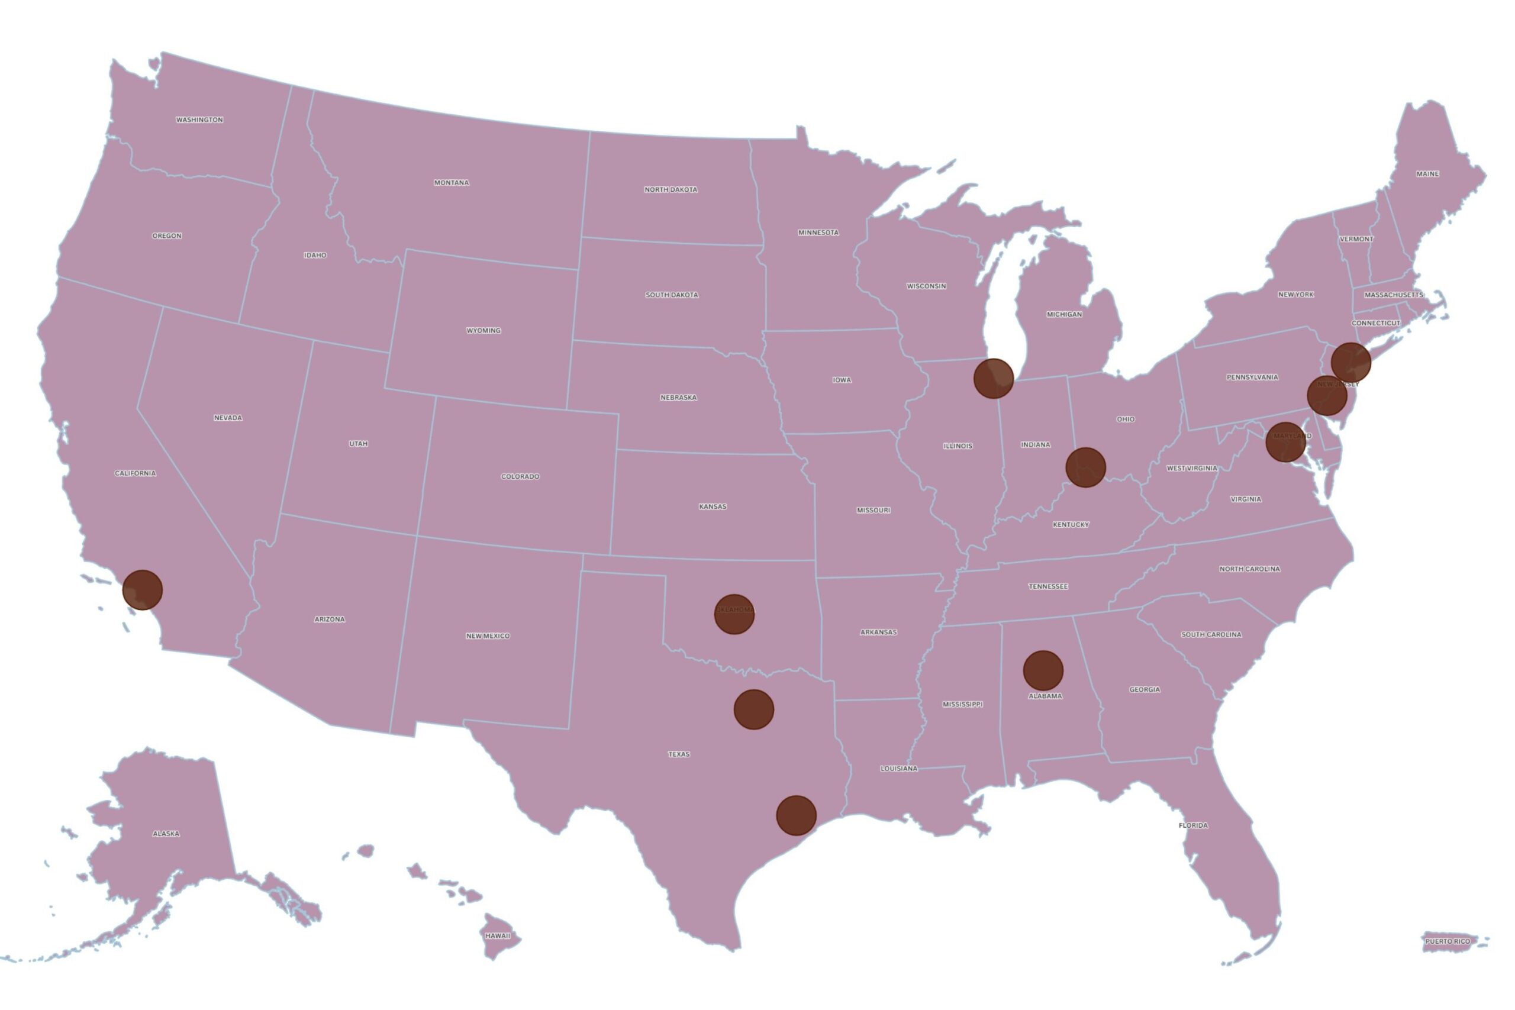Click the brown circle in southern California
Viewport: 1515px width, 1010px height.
pos(143,589)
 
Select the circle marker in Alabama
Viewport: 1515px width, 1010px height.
pos(1042,670)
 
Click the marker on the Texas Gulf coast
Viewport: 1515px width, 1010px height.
pos(796,815)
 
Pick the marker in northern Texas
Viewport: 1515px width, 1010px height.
pos(753,709)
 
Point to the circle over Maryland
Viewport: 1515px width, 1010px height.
pos(1285,442)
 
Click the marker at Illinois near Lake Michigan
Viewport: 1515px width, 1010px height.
pos(993,378)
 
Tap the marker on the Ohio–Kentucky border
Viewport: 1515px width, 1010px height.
pos(1085,467)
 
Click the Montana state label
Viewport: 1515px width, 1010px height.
pos(452,183)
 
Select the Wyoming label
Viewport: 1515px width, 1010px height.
pos(483,330)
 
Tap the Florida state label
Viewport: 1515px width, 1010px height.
pos(1193,825)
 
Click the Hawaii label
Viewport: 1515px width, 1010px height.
pos(497,935)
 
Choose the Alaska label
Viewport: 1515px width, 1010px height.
pos(166,834)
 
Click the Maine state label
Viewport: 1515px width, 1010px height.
pos(1427,174)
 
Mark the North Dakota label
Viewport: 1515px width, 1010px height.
pos(671,189)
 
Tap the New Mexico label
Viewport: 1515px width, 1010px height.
pos(488,635)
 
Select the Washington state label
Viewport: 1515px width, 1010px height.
pos(199,120)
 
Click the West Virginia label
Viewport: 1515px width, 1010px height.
pos(1192,468)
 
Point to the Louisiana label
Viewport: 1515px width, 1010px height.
pos(898,769)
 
